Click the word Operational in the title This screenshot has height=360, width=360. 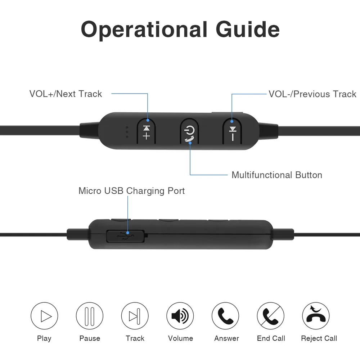click(144, 30)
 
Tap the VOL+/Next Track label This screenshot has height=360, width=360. click(66, 94)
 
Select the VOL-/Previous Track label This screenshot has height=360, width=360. click(312, 94)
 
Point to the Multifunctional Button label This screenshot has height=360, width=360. click(276, 175)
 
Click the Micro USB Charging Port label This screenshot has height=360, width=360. click(131, 191)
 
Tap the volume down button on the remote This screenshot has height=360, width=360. click(232, 132)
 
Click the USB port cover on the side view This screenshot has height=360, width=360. click(125, 236)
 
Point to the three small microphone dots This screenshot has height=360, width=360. click(127, 132)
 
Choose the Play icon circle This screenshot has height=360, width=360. click(44, 316)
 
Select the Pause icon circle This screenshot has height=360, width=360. click(90, 316)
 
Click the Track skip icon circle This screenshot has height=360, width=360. click(135, 316)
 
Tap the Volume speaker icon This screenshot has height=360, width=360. click(180, 316)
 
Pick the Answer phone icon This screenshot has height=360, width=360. click(226, 316)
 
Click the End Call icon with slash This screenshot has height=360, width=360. click(271, 316)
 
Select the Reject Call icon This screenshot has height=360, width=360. click(316, 316)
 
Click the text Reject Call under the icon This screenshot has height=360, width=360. click(319, 338)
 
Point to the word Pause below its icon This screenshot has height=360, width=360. click(90, 338)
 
